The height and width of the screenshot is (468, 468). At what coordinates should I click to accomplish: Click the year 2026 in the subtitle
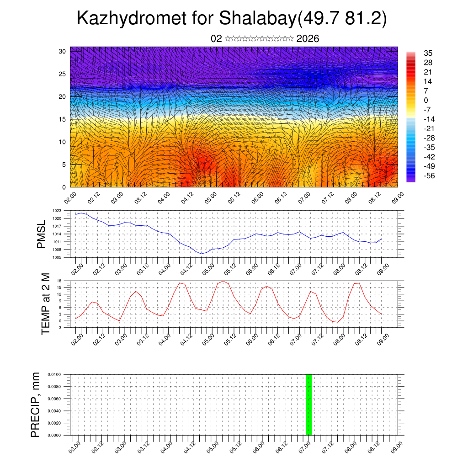308,39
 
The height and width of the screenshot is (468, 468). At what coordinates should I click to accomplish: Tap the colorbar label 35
428,53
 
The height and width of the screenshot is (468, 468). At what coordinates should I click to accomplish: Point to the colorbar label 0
426,100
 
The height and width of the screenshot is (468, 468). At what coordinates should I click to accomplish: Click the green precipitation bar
308,404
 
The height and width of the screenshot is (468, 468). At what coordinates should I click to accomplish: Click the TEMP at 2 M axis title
46,304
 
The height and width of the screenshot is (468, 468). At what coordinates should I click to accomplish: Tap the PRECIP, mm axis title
36,404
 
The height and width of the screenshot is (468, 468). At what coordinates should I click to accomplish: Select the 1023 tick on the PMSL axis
57,211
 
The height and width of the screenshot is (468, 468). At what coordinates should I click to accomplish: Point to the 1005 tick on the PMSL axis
57,257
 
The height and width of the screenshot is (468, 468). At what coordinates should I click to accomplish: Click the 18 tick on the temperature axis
59,280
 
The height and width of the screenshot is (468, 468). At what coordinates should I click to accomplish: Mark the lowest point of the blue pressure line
201,254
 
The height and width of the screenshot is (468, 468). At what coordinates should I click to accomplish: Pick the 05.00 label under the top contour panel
210,198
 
